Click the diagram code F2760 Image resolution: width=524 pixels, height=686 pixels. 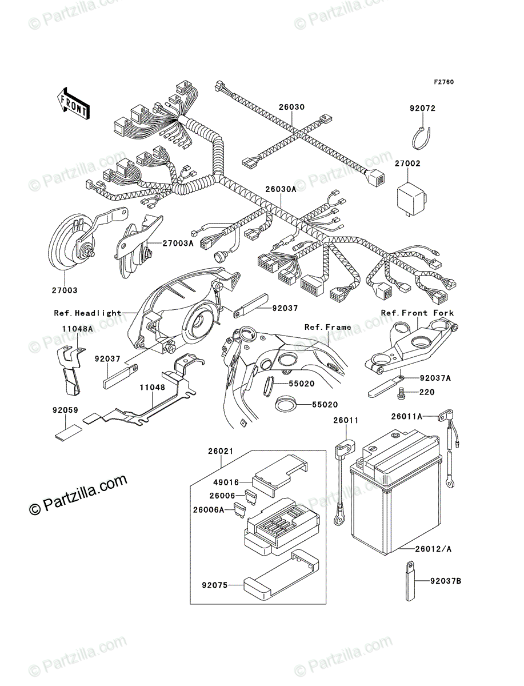443,82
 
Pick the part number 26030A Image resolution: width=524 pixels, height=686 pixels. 280,189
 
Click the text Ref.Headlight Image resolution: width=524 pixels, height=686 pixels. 88,313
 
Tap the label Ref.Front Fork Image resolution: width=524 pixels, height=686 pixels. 418,313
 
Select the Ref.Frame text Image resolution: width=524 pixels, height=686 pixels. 328,328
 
